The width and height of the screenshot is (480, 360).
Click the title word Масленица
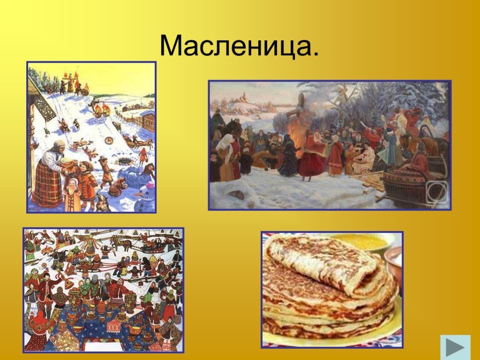pos(239,45)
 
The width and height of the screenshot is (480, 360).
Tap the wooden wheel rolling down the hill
pos(109,140)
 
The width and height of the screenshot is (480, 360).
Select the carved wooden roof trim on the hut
pos(45,105)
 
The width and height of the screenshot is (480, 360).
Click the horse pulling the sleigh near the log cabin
pos(146,143)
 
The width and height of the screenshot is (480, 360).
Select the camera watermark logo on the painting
pos(437,192)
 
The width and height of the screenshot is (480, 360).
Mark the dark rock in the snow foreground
pos(236,194)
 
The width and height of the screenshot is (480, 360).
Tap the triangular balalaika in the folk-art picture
pos(68,285)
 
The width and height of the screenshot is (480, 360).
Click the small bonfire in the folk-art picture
pos(47,250)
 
